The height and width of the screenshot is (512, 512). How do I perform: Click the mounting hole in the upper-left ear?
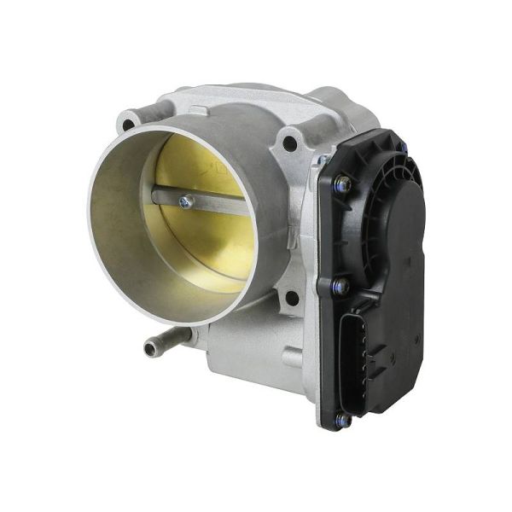(129, 125)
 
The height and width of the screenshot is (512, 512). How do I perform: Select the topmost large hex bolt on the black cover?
(342, 183)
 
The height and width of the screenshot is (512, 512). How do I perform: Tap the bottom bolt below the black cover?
(342, 419)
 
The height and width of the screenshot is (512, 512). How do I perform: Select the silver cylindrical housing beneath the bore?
(247, 358)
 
